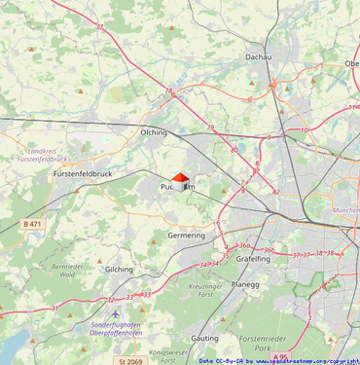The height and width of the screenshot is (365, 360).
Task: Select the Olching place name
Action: pos(154,132)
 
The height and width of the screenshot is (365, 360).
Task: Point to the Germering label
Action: pos(187,236)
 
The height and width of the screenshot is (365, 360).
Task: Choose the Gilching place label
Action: pos(119,269)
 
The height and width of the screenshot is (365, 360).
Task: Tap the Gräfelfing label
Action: pos(253,260)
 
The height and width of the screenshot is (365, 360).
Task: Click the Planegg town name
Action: pos(246,285)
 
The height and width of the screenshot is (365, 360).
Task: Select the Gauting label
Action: pos(205,338)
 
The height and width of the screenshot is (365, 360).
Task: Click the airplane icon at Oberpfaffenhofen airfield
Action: pos(116,314)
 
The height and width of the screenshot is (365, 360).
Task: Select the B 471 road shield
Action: pos(32,224)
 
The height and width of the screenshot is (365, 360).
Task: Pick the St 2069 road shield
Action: pos(130,360)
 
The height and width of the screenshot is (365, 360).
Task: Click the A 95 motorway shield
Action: pos(281,357)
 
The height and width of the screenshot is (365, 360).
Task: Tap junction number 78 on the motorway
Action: pos(168,91)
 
